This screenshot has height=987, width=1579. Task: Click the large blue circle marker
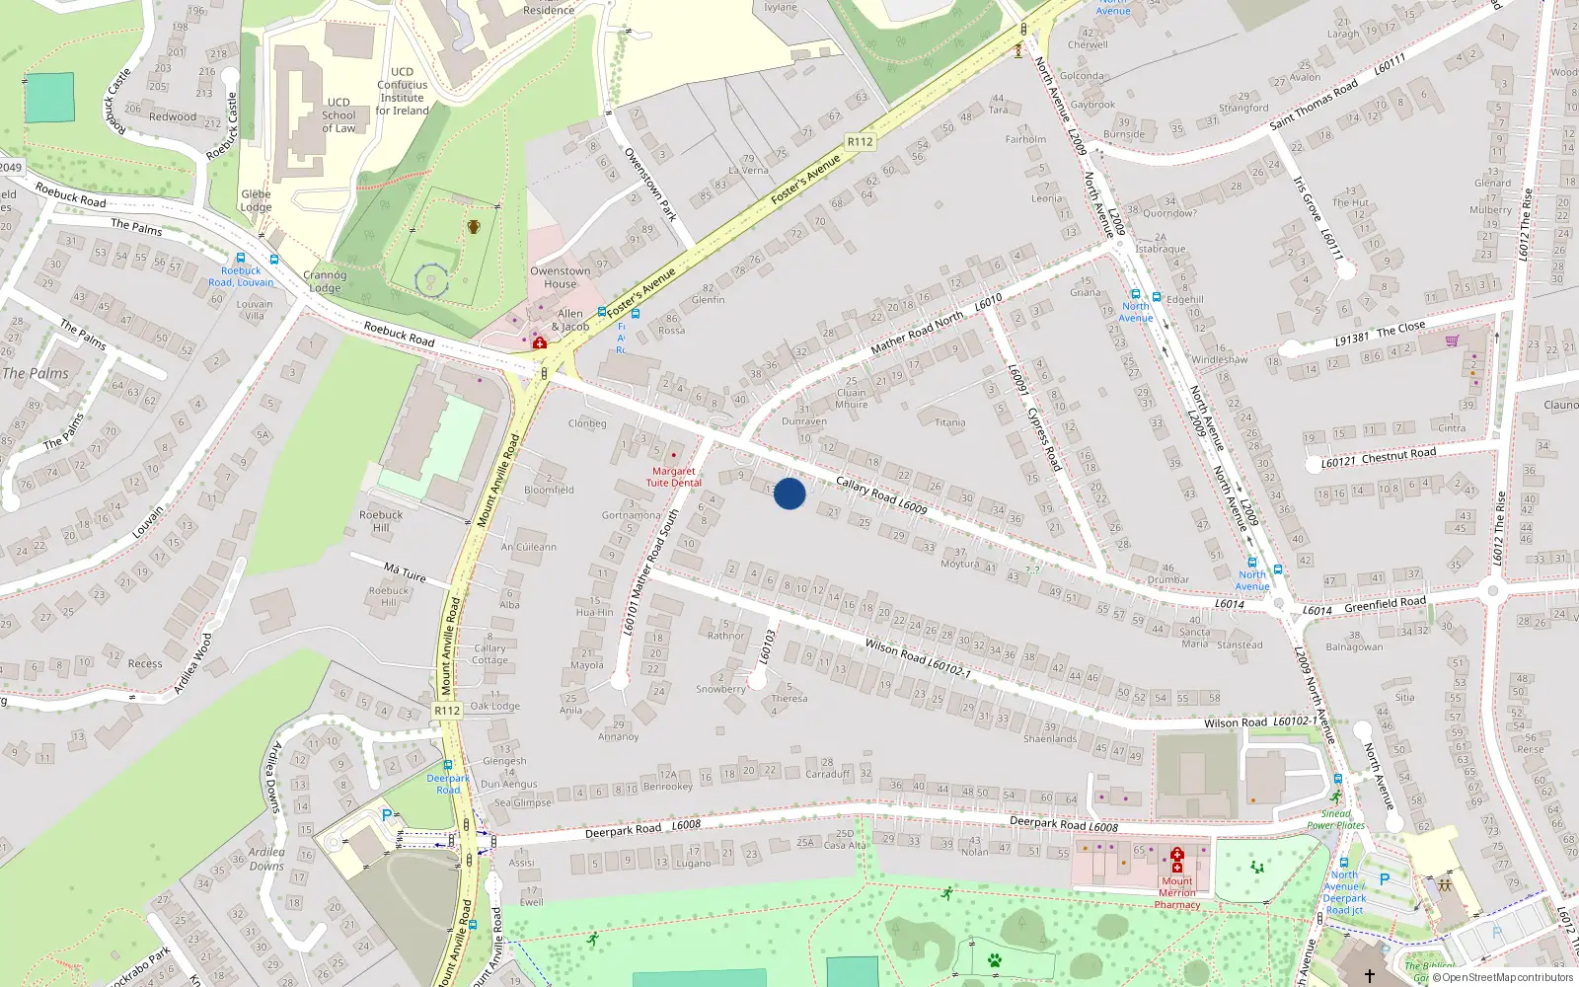(x=789, y=493)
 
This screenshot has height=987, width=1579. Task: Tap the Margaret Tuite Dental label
(x=674, y=477)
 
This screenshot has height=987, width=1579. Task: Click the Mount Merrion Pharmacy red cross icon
(x=1176, y=855)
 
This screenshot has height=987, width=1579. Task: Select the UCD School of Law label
(x=338, y=115)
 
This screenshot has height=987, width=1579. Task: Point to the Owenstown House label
(x=560, y=277)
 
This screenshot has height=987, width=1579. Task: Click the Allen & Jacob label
(x=569, y=320)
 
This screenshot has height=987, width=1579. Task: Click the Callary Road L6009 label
(x=881, y=494)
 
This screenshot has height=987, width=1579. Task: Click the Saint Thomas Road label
(x=1314, y=105)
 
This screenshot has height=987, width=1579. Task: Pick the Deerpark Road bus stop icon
(x=447, y=765)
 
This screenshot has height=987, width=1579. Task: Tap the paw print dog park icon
(x=995, y=959)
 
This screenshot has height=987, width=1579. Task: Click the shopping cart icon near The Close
(x=1452, y=342)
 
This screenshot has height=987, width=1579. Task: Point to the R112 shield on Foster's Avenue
(x=860, y=142)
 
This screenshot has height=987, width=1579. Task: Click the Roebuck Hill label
(x=381, y=521)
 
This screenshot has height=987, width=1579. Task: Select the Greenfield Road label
(x=1385, y=603)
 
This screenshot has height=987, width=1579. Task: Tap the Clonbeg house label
(x=587, y=423)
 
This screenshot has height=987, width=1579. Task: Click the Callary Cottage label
(x=489, y=654)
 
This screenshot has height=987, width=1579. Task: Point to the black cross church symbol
(x=1370, y=975)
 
